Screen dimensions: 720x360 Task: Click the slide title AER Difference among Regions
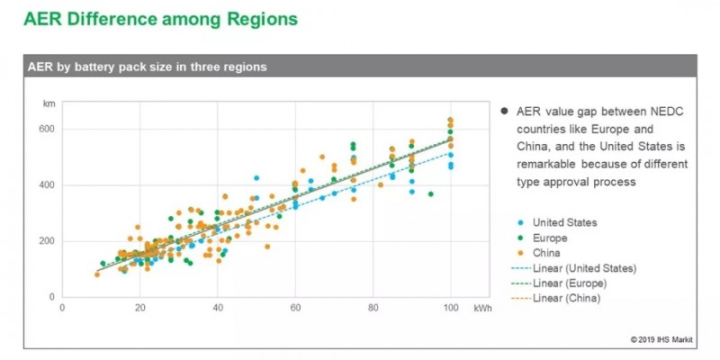[161, 19]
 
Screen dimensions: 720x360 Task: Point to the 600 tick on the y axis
[49, 129]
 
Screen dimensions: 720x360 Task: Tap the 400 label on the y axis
[49, 185]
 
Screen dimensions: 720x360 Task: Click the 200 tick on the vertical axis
[49, 241]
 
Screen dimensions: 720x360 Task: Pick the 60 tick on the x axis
[295, 307]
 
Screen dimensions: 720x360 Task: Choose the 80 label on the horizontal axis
[373, 307]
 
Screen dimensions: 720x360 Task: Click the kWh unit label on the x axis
[482, 308]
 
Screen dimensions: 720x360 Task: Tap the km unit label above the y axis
[49, 103]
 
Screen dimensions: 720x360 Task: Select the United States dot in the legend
[520, 222]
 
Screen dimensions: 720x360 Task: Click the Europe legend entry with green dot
[542, 238]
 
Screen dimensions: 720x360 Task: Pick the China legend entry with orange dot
[538, 253]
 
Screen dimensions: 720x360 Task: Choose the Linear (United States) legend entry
[573, 268]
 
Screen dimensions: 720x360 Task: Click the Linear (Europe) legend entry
[558, 283]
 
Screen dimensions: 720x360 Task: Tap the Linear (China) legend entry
[555, 298]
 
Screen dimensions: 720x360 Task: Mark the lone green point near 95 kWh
[431, 194]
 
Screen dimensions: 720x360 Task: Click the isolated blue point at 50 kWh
[256, 177]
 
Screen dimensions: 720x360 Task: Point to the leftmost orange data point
[97, 274]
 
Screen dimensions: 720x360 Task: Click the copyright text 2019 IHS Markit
[661, 340]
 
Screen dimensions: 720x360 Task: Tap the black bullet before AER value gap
[505, 111]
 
